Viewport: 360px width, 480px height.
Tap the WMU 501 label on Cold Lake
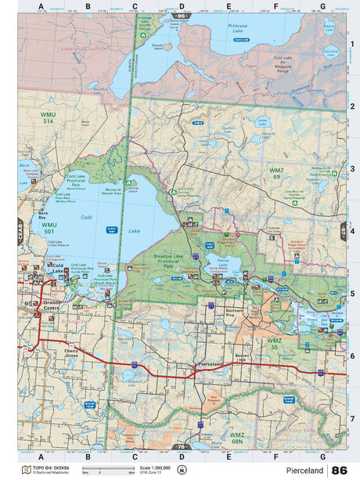click(x=49, y=228)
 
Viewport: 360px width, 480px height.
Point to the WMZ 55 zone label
click(x=274, y=344)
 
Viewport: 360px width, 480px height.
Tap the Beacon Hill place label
click(x=241, y=356)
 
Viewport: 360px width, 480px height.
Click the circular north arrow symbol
click(x=182, y=470)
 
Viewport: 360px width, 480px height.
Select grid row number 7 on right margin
click(x=352, y=418)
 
